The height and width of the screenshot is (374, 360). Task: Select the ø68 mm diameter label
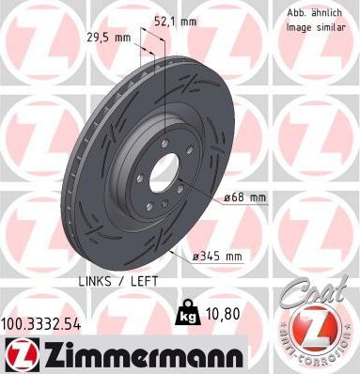[x=245, y=197]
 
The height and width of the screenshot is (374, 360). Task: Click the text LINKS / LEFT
[x=111, y=281]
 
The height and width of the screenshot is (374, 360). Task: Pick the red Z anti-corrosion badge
[x=314, y=332]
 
